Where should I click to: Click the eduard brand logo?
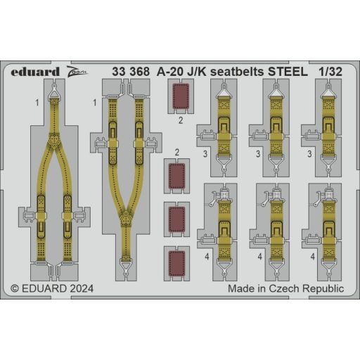coord(35,72)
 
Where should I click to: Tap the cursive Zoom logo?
coord(77,72)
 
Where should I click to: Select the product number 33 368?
coord(131,72)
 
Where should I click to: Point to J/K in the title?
coord(197,72)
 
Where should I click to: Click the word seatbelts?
coord(238,72)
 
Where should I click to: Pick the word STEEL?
coord(288,72)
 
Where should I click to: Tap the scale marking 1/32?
coord(330,72)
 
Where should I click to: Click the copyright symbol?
coord(15,288)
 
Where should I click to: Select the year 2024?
coord(82,288)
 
